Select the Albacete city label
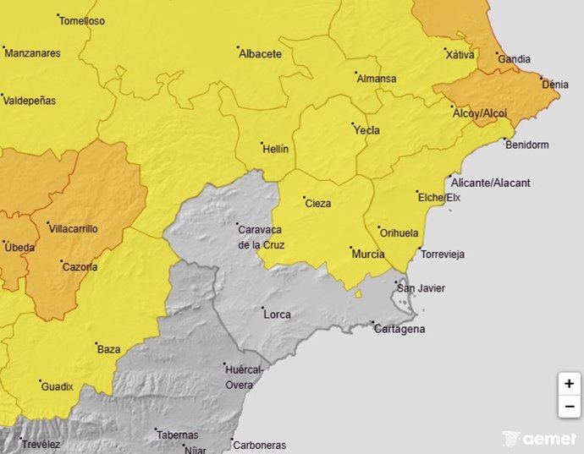coord(261,53)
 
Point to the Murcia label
coord(367,254)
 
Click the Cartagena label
coord(399,329)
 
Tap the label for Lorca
coord(278,315)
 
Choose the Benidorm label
coord(526,145)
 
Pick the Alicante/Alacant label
coord(491,183)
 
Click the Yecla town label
coord(366,130)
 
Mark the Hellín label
coord(275,148)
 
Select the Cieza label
coord(318,203)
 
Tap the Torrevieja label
coord(443,254)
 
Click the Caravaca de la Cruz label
coord(262,238)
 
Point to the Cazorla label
coord(80,267)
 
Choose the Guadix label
coord(57,386)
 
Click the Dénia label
coord(555,85)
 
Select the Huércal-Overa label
coord(245,377)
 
